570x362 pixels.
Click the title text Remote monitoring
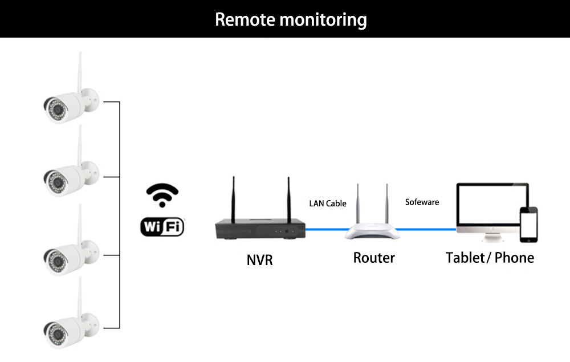291,19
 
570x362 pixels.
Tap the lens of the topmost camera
57,108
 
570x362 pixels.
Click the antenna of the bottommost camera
80,296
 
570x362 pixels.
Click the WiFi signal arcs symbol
162,195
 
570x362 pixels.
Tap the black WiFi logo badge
162,226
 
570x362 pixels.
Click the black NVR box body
260,229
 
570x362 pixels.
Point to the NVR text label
259,260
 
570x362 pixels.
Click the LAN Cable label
328,204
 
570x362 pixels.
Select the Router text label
374,258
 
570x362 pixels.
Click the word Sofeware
422,202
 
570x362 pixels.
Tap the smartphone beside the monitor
528,225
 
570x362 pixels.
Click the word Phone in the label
514,258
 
